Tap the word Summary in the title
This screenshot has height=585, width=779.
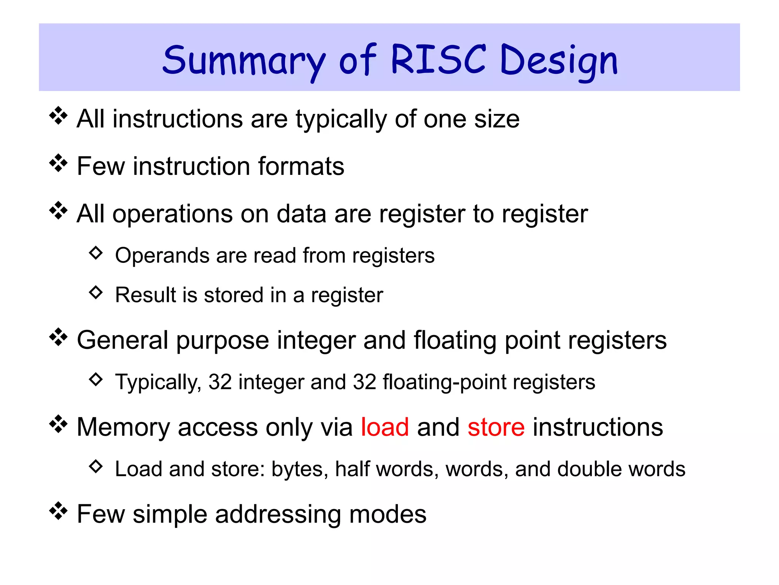(243, 61)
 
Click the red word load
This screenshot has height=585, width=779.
(385, 427)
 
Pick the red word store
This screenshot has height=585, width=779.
(496, 427)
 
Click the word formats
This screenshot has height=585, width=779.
(301, 166)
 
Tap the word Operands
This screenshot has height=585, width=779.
(162, 256)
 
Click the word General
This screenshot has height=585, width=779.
(122, 340)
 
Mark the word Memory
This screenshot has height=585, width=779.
(123, 427)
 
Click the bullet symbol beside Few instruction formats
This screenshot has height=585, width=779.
(58, 163)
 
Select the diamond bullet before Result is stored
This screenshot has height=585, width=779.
(96, 292)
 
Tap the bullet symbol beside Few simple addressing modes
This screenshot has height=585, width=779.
(58, 511)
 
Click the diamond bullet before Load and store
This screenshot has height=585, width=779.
(96, 466)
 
